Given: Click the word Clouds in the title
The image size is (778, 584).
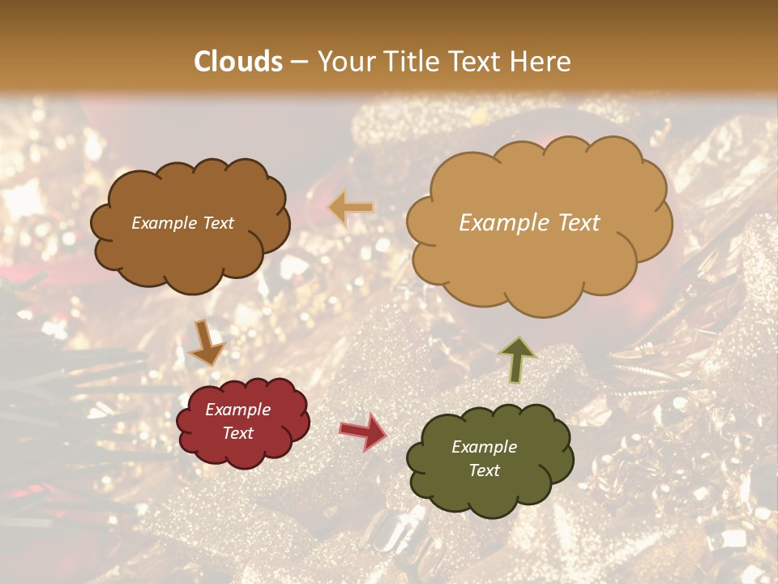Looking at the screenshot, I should (238, 62).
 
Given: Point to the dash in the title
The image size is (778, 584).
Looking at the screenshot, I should (299, 62).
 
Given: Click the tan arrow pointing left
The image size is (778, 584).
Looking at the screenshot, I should (351, 208).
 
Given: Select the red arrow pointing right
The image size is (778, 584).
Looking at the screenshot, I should (363, 432).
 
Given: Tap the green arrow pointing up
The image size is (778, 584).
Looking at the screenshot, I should (518, 359).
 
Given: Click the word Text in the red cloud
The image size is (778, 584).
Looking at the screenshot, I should (238, 433).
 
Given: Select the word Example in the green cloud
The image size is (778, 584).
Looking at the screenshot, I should (484, 447).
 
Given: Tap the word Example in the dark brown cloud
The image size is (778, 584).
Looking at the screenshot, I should (165, 223).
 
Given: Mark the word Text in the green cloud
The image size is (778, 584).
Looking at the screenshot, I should (484, 470).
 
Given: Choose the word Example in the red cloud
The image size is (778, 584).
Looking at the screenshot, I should (238, 410).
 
